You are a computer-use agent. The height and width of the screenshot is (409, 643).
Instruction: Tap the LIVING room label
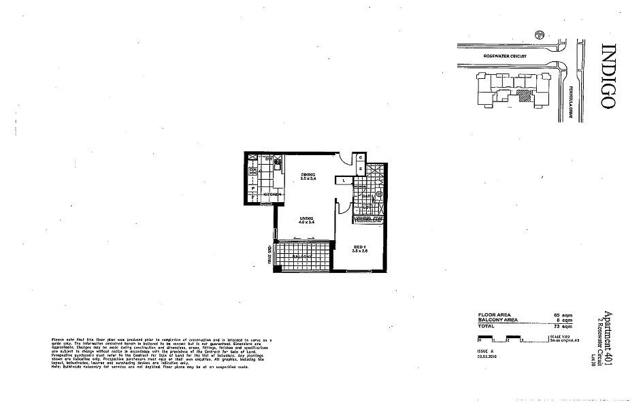pyautogui.click(x=306, y=218)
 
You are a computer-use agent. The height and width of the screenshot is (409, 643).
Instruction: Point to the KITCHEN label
pyautogui.click(x=273, y=195)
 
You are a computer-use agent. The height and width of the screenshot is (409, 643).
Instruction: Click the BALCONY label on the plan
pyautogui.click(x=303, y=256)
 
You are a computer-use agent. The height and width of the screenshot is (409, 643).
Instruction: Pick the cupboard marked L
pyautogui.click(x=345, y=180)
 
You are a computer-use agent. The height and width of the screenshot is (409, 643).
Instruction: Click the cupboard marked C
pyautogui.click(x=361, y=157)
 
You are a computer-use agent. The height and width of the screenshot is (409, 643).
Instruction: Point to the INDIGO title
pyautogui.click(x=608, y=76)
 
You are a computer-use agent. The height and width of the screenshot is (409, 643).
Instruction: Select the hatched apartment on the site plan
pyautogui.click(x=523, y=96)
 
